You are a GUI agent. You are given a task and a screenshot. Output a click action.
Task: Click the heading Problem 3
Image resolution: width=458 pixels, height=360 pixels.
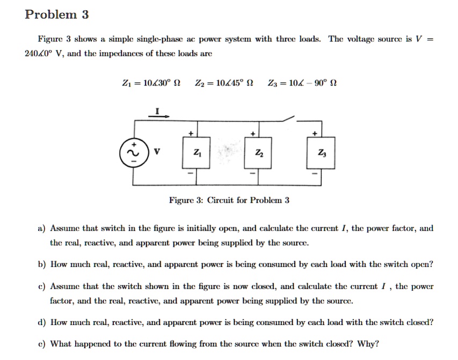[x=56, y=15]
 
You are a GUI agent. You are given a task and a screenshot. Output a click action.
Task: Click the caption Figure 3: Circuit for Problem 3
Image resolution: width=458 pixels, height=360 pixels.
[x=229, y=200]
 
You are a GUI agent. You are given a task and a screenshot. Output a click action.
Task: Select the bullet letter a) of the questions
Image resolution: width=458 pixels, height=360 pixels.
[x=41, y=228]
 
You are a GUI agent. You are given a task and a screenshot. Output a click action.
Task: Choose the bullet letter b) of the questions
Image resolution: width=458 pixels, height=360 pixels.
[x=41, y=264]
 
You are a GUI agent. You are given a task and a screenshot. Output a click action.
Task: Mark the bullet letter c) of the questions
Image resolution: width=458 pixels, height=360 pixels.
[x=41, y=287]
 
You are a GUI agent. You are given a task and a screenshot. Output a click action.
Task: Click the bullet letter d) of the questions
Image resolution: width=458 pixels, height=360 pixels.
[x=41, y=322]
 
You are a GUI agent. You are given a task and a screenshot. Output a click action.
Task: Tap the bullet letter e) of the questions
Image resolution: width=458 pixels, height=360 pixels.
[x=41, y=344]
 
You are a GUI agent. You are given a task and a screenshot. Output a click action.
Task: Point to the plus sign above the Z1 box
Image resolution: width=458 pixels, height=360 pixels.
[x=189, y=132]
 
